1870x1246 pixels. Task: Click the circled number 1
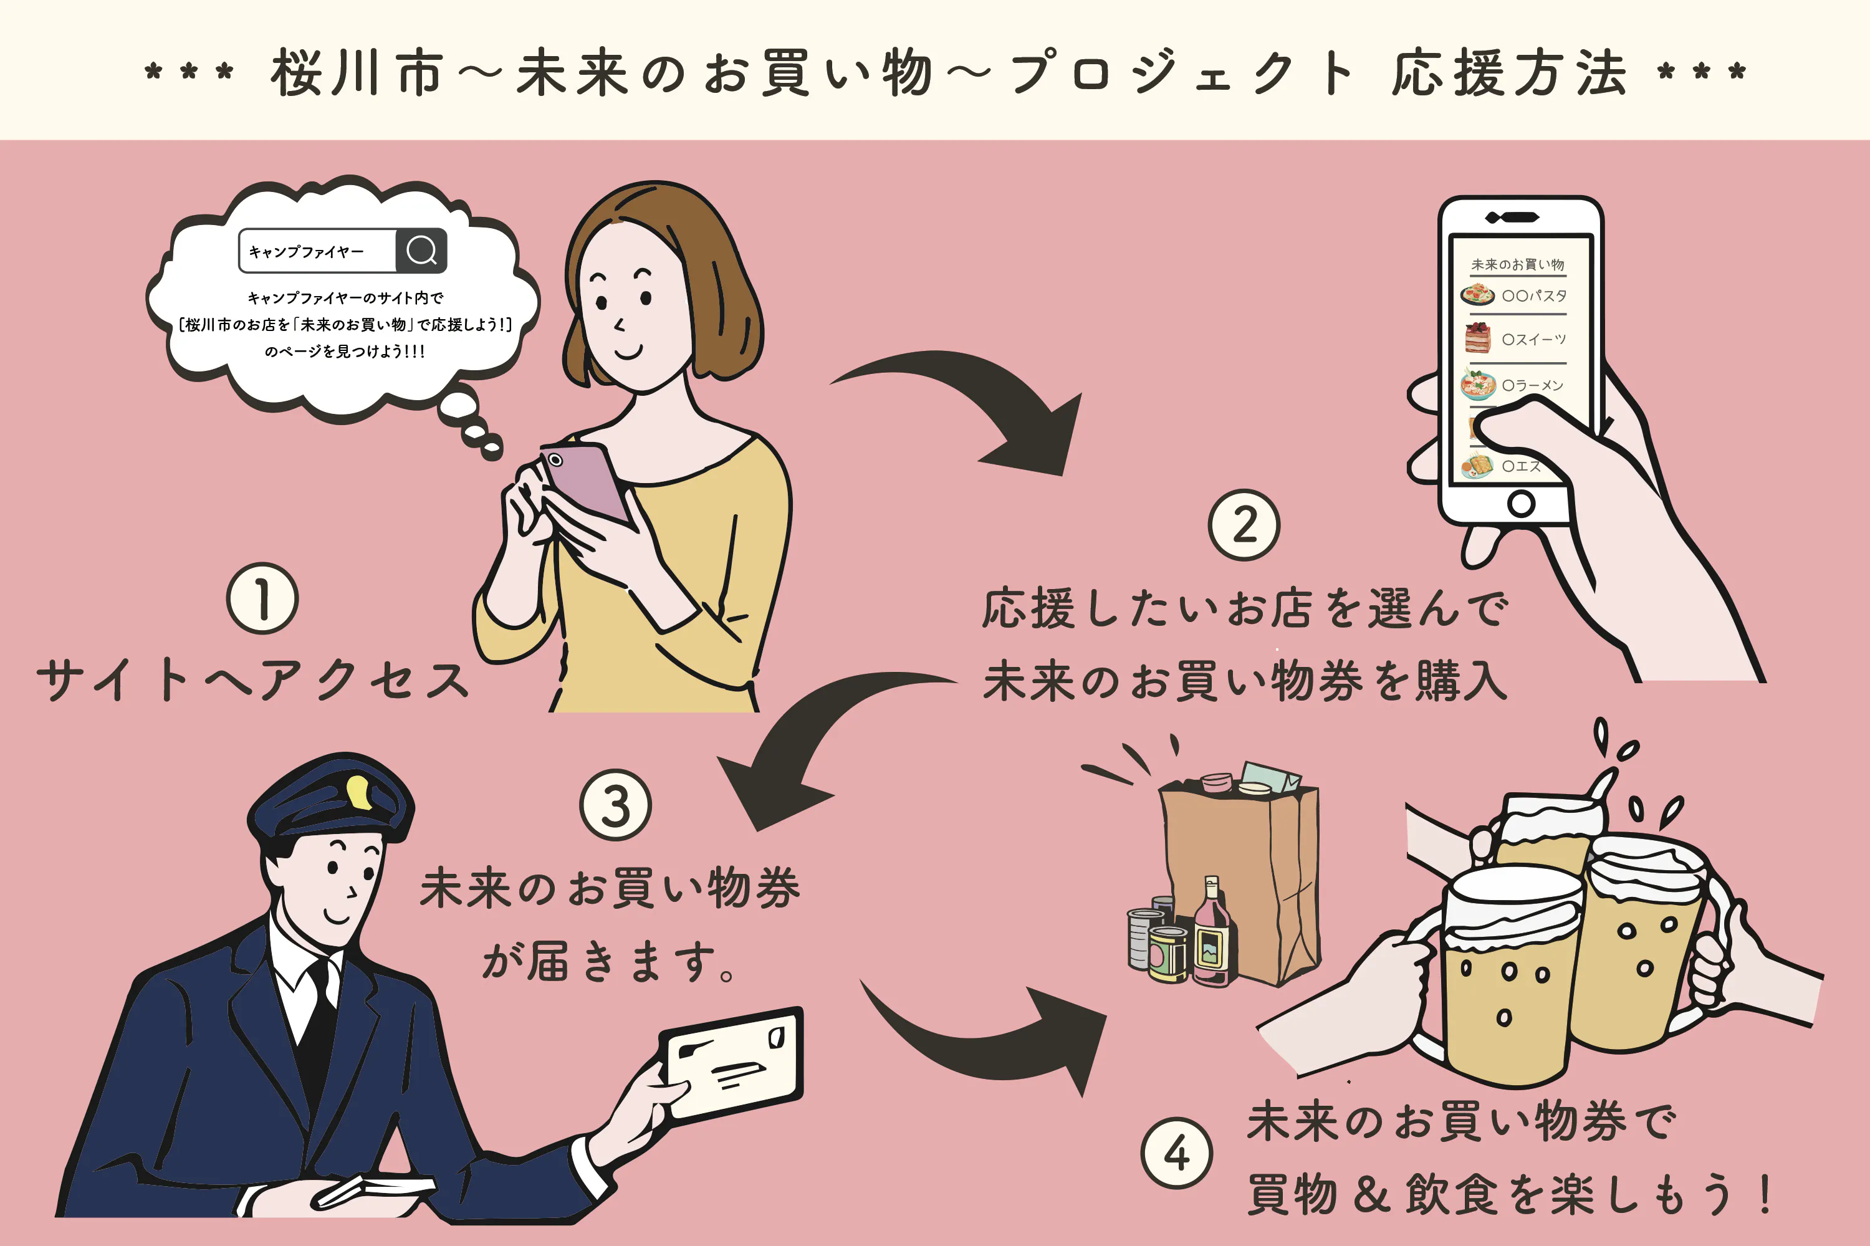(x=262, y=598)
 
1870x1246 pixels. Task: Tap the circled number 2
(x=1244, y=525)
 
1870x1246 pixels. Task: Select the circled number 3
(x=615, y=805)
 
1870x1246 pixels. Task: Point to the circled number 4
(x=1176, y=1153)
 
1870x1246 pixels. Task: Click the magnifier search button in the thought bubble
(x=421, y=251)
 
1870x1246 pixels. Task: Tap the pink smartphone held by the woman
(x=584, y=481)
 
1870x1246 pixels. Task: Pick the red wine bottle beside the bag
(x=1211, y=937)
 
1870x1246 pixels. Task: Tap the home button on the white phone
(x=1520, y=503)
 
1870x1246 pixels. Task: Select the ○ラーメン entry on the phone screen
(x=1532, y=385)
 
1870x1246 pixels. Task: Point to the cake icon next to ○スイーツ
(x=1477, y=338)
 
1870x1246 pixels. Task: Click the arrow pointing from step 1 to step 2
(x=985, y=405)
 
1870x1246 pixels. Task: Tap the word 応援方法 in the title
(x=1509, y=73)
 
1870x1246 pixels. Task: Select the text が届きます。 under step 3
(x=610, y=962)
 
